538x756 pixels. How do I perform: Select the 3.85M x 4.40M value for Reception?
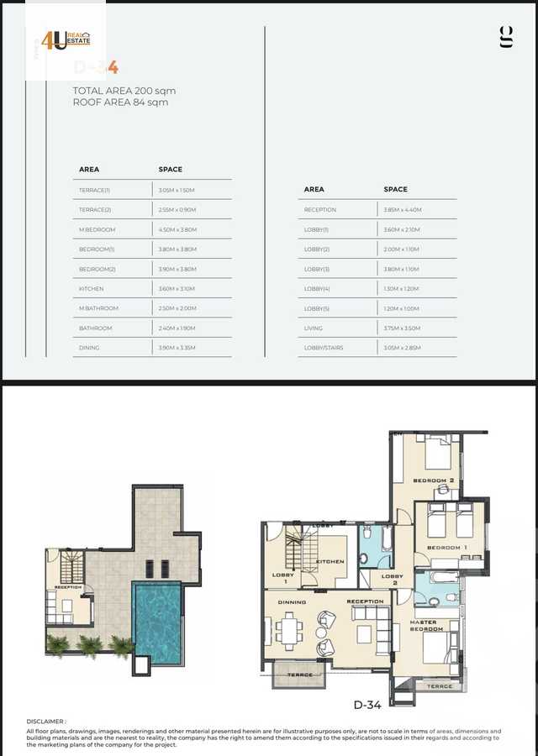[403, 210]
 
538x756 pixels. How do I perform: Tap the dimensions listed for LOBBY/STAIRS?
[402, 348]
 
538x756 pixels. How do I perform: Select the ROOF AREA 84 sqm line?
[120, 102]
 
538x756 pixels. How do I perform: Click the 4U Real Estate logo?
[66, 40]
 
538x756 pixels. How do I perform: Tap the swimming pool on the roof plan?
[157, 621]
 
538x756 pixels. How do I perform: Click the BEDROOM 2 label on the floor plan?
[434, 480]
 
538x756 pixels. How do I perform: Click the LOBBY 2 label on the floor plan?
[392, 580]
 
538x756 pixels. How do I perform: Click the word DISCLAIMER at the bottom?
[45, 721]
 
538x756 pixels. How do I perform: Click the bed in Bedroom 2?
[438, 456]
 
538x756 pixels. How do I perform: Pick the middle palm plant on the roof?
[88, 645]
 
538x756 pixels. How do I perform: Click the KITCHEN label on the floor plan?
[329, 562]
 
